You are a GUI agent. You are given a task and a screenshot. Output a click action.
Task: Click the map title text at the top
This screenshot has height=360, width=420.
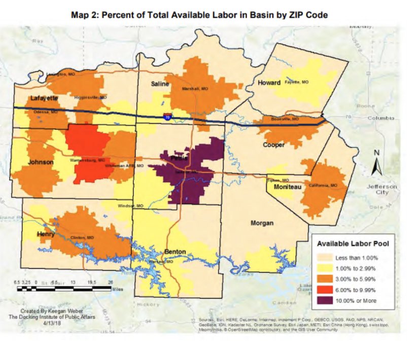[199, 15]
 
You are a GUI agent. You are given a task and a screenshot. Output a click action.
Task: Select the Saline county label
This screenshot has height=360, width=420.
[160, 84]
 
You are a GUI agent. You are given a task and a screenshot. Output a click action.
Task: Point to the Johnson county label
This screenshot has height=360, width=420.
[41, 162]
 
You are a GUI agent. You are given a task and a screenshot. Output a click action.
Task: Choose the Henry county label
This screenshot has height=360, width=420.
[46, 234]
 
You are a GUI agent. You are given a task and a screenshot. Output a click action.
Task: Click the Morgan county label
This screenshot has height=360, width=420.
[262, 223]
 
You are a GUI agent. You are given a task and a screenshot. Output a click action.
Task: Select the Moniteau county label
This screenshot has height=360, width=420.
[288, 188]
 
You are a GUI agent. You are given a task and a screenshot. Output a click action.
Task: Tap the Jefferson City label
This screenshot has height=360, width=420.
[382, 190]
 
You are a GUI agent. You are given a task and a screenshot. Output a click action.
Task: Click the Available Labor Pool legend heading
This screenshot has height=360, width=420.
[353, 244]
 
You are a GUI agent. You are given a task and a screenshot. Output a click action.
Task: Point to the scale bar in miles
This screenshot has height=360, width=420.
[63, 289]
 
